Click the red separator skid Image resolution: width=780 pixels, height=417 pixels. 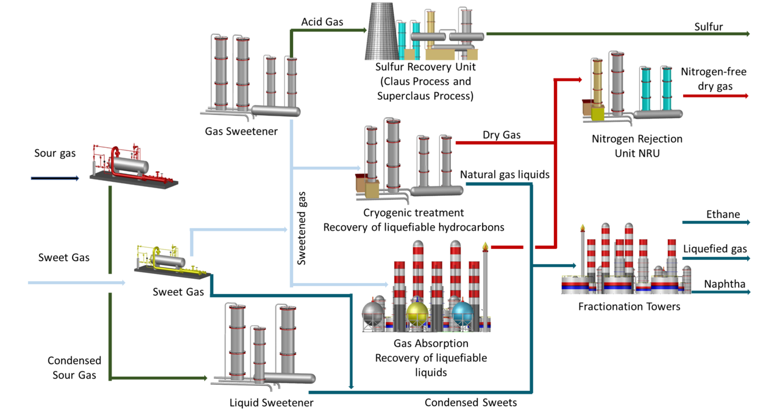(x=133, y=166)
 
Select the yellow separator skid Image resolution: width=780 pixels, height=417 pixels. (x=172, y=262)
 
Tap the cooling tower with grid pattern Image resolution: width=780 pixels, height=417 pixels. (x=381, y=32)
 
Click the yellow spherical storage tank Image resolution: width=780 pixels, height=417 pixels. (x=417, y=314)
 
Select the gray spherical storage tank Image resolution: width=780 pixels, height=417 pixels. (x=373, y=314)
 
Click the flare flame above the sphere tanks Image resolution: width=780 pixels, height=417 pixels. (x=485, y=246)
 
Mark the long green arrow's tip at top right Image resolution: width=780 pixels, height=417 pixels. (x=748, y=34)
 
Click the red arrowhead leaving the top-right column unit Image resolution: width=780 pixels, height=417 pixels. (x=746, y=96)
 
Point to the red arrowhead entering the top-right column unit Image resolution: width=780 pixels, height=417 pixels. (x=579, y=79)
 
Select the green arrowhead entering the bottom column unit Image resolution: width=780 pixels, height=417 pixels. (x=206, y=378)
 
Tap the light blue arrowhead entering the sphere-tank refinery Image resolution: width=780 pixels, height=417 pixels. (x=385, y=284)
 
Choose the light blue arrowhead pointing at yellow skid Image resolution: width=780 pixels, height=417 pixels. (x=124, y=282)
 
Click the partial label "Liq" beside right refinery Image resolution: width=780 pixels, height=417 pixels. (x=689, y=249)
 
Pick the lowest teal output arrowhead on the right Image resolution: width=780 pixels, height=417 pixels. (x=748, y=292)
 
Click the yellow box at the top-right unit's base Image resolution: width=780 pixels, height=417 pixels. (x=598, y=114)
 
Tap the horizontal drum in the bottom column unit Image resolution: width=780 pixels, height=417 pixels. (x=289, y=378)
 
